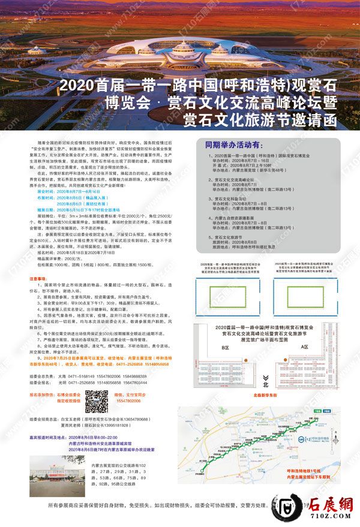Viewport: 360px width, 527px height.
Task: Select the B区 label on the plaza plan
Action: (242, 347)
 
